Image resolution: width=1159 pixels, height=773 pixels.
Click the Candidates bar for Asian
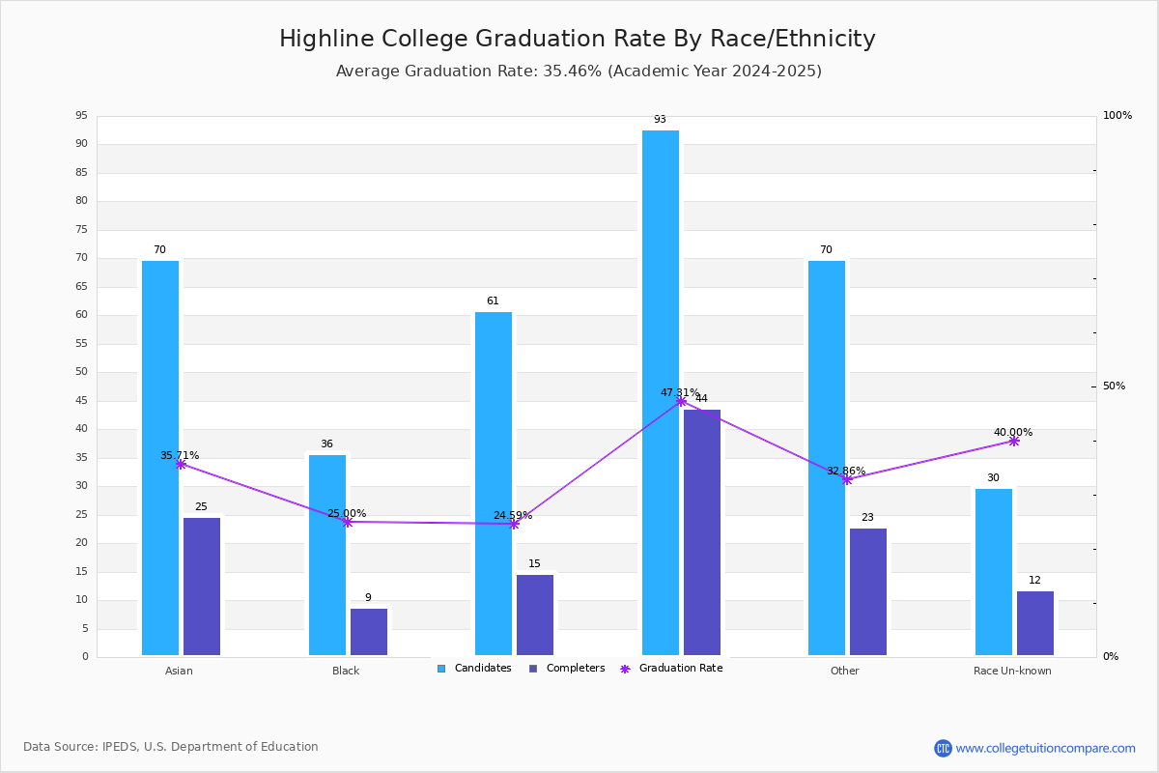[x=160, y=458]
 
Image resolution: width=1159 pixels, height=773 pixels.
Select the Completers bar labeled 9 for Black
[x=369, y=632]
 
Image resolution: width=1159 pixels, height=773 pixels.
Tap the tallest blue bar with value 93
[x=661, y=392]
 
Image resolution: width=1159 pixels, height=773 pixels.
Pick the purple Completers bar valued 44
[x=702, y=532]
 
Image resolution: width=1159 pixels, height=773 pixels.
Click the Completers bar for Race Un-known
[x=1035, y=623]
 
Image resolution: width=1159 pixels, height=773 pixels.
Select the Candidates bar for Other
[x=827, y=458]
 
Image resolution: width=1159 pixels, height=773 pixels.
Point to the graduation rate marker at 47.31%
[x=681, y=401]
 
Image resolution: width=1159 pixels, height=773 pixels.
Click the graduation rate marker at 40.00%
[x=1014, y=441]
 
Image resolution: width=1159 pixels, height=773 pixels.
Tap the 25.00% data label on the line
[x=347, y=514]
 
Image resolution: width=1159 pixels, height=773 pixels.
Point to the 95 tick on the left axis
[x=81, y=116]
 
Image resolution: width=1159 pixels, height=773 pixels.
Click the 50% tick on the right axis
[x=1114, y=386]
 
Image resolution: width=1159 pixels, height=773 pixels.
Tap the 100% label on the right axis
[x=1117, y=116]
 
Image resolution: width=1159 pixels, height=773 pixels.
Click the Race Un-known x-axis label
[x=1012, y=671]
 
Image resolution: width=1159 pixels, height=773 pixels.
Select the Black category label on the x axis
[x=346, y=671]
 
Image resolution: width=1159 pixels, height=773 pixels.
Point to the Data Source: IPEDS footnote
[x=171, y=747]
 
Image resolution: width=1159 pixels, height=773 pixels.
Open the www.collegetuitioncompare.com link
[x=1045, y=748]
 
